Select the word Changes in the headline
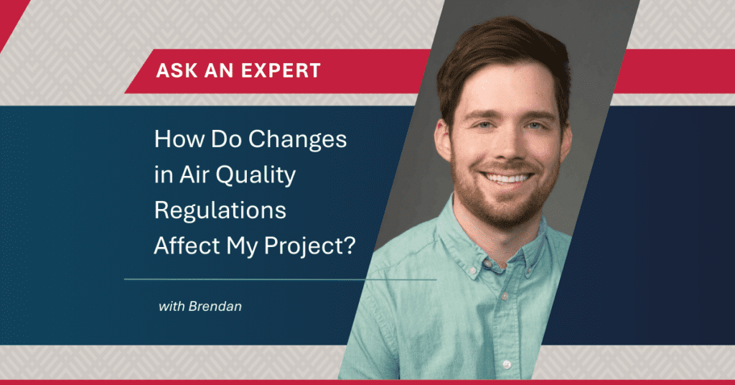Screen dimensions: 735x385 (297, 139)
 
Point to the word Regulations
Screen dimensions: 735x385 (220, 210)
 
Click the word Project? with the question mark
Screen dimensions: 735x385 (310, 246)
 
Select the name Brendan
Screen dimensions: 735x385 (215, 307)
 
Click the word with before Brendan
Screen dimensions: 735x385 (172, 307)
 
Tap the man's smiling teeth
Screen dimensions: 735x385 (507, 178)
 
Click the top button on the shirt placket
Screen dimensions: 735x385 (505, 295)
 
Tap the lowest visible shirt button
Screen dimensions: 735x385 (506, 364)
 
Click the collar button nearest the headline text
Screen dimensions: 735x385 (475, 271)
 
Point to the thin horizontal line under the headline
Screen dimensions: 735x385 (281, 279)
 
